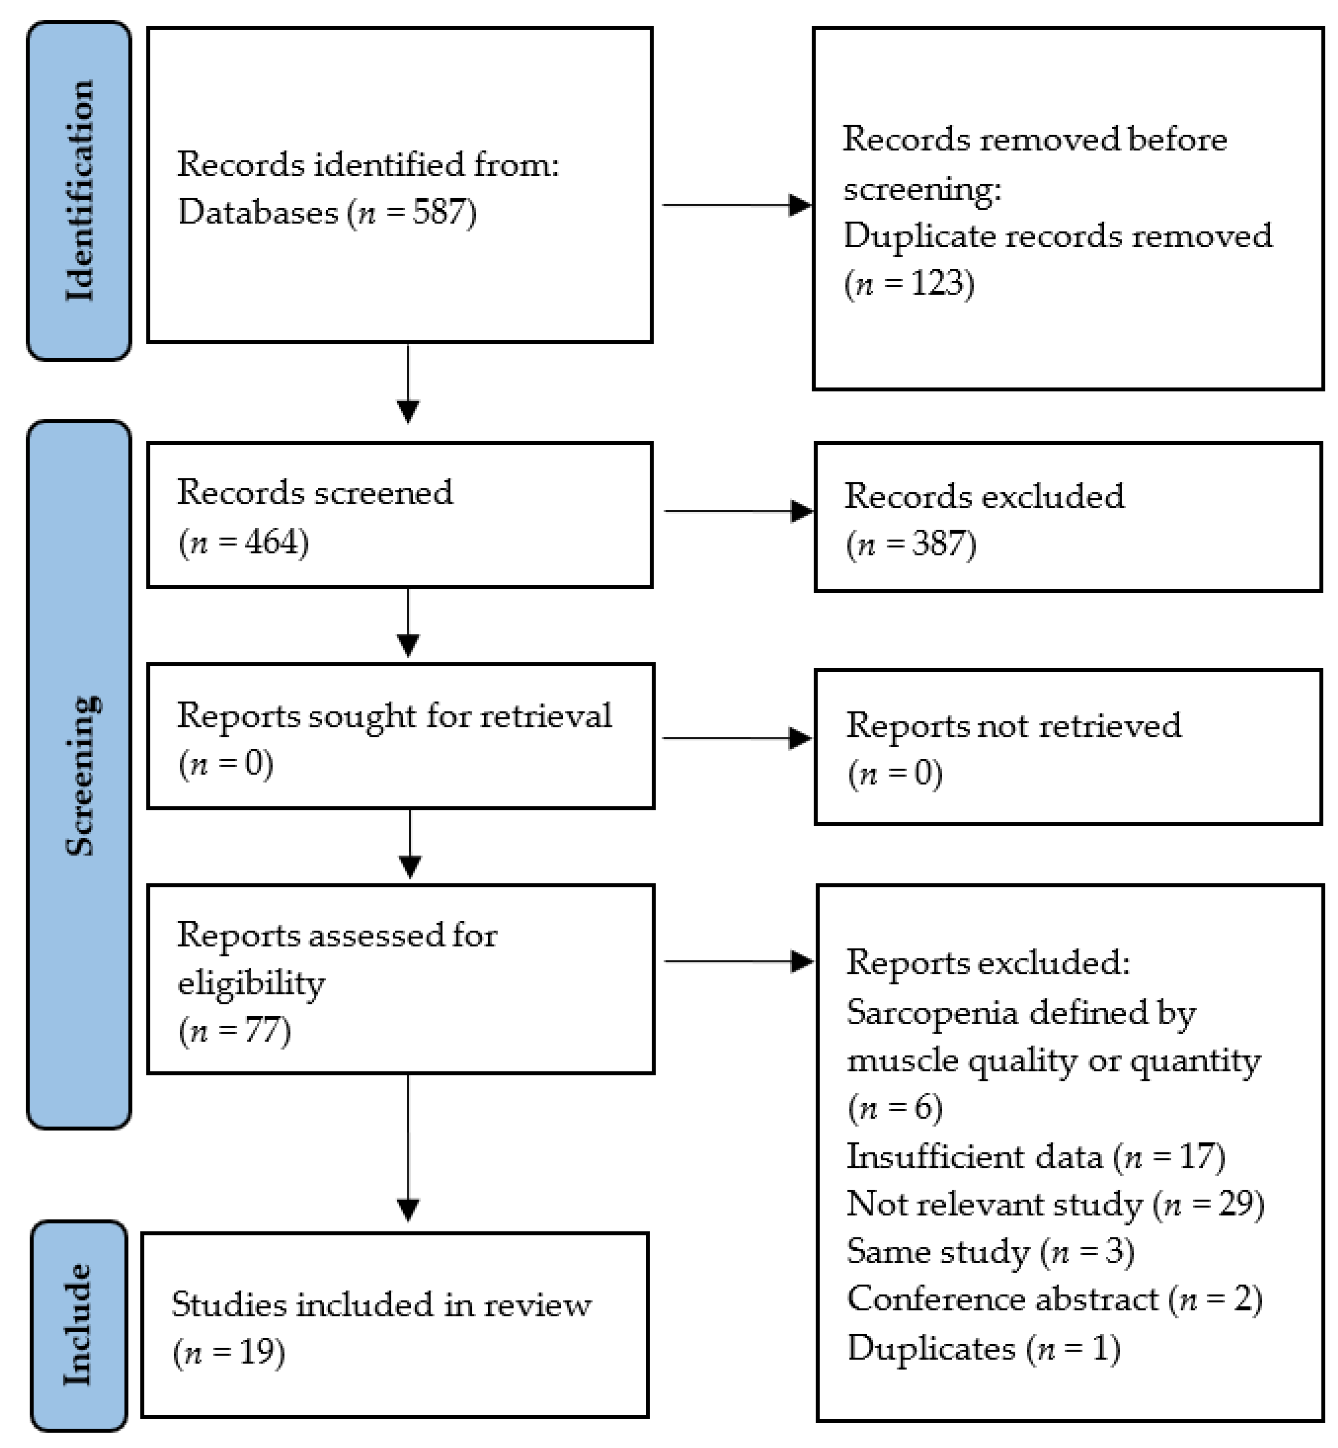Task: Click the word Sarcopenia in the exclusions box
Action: [x=925, y=1012]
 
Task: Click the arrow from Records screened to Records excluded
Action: [x=739, y=511]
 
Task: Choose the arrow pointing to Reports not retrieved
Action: [x=737, y=739]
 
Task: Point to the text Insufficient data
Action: [x=974, y=1156]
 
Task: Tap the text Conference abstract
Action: [x=1003, y=1299]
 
